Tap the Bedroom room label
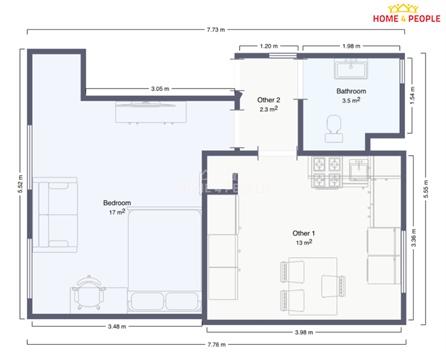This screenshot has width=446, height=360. click(116, 203)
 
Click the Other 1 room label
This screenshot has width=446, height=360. click(303, 232)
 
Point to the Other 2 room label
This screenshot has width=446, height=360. click(268, 100)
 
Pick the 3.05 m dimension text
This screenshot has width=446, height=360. click(159, 88)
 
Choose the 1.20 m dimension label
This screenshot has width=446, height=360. click(268, 46)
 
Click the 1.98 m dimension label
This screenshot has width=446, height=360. click(350, 46)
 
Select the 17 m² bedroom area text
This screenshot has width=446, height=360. click(116, 212)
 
